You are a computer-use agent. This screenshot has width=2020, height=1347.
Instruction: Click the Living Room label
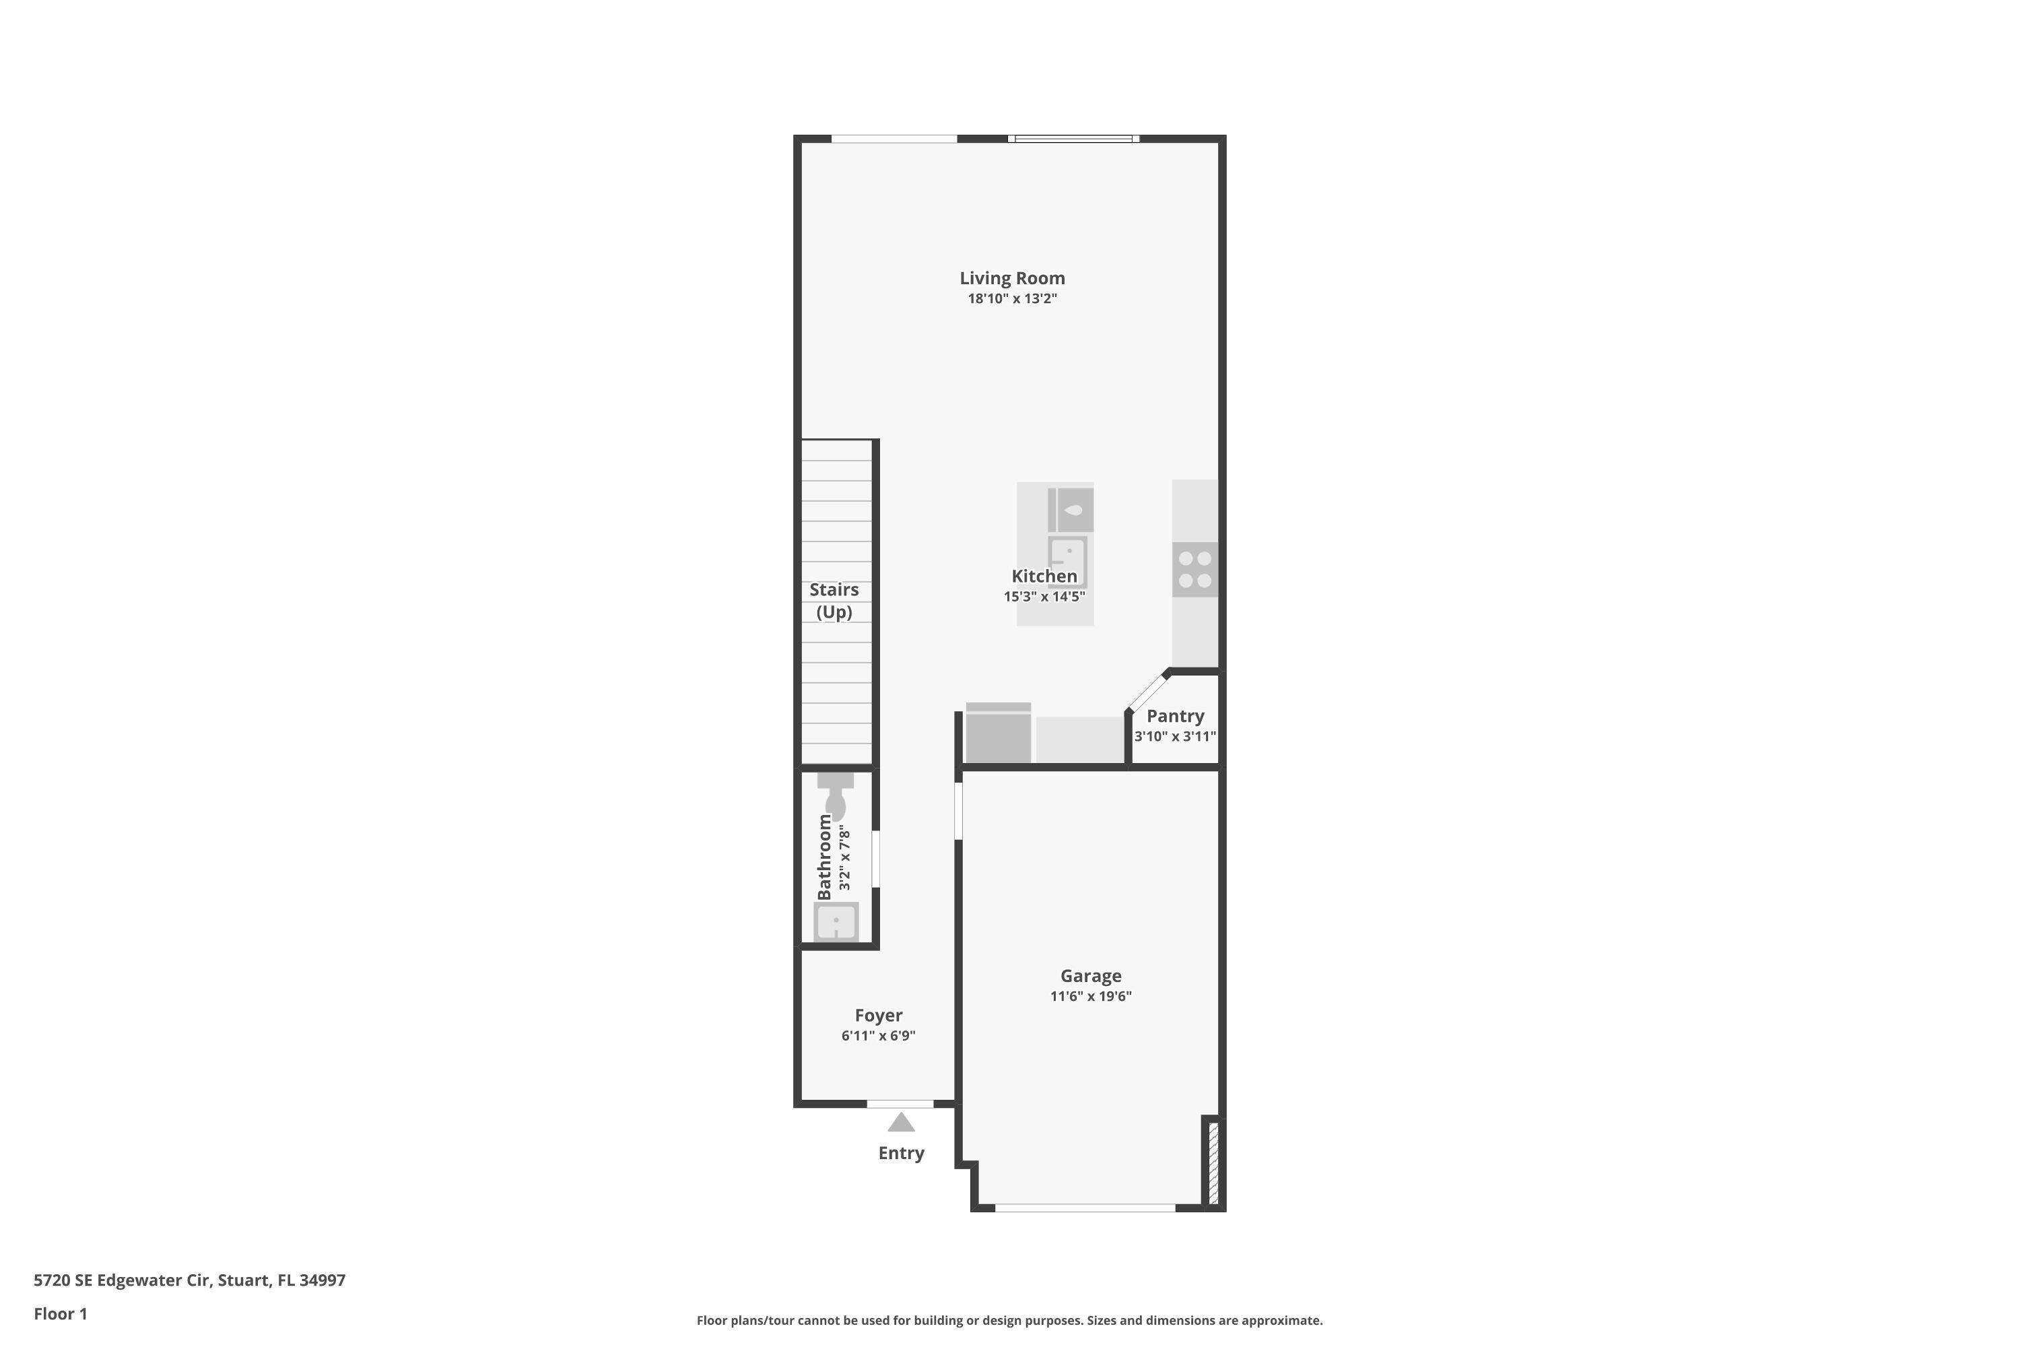1012,278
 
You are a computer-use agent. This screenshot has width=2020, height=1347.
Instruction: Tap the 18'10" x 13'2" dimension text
1012,299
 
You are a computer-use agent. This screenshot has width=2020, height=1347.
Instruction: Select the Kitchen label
1044,577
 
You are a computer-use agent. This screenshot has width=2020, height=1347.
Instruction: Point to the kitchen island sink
1067,562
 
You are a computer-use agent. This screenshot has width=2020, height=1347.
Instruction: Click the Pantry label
1175,715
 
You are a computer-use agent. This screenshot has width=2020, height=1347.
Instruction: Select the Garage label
1091,976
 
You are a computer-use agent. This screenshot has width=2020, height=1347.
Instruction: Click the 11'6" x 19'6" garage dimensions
1091,997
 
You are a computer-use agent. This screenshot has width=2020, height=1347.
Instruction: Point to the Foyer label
878,1016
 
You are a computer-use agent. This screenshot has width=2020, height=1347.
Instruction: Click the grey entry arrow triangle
901,1123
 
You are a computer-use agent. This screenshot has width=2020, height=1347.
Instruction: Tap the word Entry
901,1154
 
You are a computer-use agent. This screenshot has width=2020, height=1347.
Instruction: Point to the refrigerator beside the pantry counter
998,735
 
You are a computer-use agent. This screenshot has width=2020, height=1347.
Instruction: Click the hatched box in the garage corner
1213,1162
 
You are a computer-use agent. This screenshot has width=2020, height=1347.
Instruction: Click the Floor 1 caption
60,1313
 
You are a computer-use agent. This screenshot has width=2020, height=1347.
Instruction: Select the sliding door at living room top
1073,138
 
